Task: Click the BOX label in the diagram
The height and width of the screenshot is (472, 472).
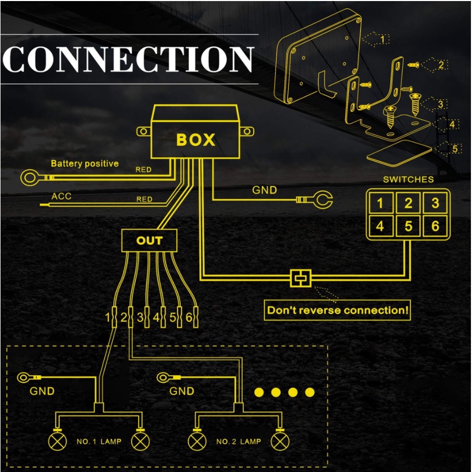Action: pos(196,140)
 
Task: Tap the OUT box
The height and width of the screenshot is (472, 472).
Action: pos(149,241)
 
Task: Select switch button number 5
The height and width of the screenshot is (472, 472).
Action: pos(408,226)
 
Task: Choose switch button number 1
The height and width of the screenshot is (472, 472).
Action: pos(380,203)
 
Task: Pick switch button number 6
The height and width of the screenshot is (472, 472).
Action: pos(435,226)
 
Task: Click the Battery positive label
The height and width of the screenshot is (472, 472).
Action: pos(84,164)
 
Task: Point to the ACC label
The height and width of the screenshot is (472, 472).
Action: pos(61,197)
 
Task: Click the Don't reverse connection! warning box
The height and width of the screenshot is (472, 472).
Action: pos(338,310)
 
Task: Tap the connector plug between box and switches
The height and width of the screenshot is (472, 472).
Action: pos(301,278)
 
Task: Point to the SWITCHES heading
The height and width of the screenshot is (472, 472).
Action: pos(408,179)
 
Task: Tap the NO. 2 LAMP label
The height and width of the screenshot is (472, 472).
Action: pos(238,441)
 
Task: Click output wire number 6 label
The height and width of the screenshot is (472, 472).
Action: pos(188,318)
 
